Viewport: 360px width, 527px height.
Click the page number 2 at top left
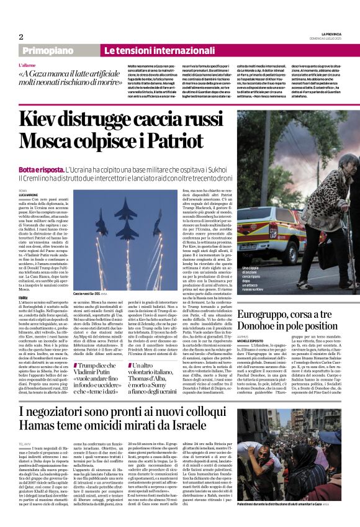tap(20, 37)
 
